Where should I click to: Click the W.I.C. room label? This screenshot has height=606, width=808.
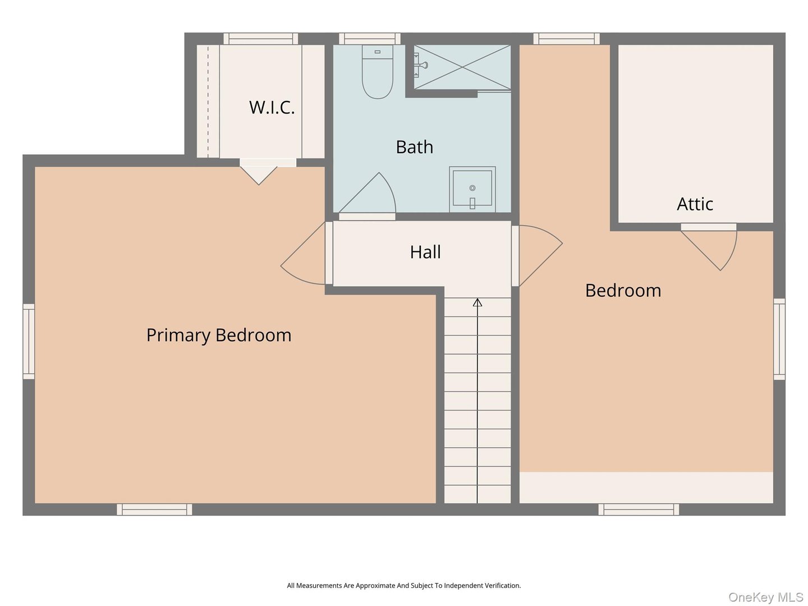[272, 107]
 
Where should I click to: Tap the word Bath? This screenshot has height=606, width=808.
[414, 147]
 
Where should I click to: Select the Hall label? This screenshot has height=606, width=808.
[425, 252]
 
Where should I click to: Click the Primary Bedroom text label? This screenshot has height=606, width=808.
[219, 335]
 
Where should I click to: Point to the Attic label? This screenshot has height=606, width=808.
[695, 204]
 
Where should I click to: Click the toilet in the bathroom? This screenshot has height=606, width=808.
[377, 73]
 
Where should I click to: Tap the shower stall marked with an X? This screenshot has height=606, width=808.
[462, 67]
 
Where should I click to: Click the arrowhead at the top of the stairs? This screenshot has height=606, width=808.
[478, 303]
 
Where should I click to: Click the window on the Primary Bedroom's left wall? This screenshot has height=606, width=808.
[29, 341]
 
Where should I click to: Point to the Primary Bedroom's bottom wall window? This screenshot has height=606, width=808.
[154, 509]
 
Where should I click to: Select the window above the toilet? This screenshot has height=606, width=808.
[370, 39]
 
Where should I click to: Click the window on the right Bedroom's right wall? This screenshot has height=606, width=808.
[779, 339]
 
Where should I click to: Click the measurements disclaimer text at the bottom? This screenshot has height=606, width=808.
[403, 585]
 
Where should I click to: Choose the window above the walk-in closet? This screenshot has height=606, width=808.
[261, 39]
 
